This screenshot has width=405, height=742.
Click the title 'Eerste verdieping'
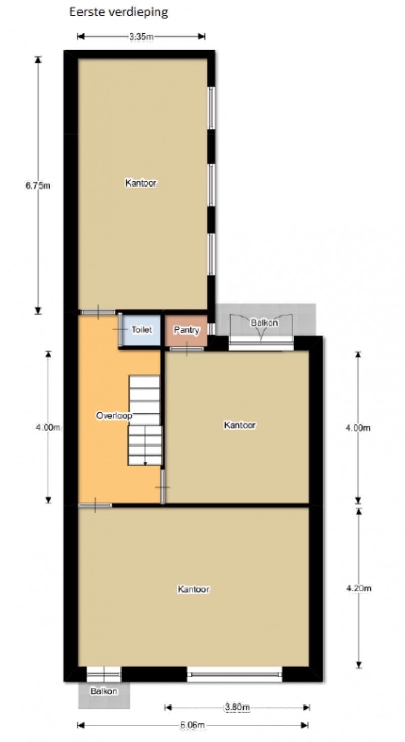118,12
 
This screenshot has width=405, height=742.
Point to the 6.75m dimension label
38,185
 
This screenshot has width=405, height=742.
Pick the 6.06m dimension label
192,725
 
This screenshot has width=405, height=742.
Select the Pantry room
187,330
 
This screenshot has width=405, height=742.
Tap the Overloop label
114,416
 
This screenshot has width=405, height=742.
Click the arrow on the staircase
145,459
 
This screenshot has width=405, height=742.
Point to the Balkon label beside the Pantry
264,323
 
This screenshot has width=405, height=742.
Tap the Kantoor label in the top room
141,183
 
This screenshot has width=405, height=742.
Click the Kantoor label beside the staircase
240,425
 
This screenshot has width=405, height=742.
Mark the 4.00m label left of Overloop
48,427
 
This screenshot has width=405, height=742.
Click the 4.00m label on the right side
358,428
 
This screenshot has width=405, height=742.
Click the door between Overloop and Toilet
120,330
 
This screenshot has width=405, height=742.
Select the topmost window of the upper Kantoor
211,108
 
